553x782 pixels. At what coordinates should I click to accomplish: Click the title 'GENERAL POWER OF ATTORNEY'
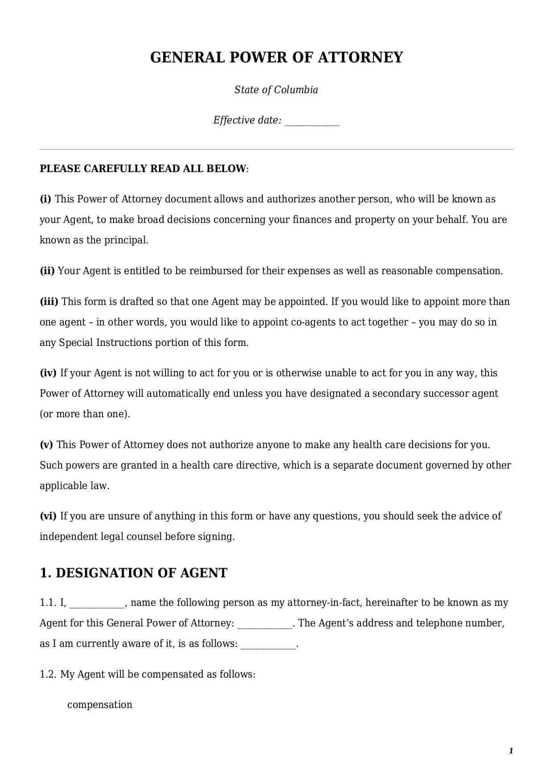click(276, 58)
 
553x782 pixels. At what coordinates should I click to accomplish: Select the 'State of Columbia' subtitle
click(276, 90)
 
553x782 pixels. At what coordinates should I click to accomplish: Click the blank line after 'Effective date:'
click(312, 121)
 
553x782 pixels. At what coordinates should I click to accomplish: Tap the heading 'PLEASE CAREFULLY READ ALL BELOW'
click(143, 169)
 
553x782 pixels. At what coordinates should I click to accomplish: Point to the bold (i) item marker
click(45, 199)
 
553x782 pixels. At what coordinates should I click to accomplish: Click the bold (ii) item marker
click(47, 271)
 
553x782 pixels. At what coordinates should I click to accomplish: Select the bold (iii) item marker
click(49, 302)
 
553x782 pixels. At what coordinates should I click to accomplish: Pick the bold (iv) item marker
click(48, 373)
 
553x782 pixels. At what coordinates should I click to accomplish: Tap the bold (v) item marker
click(46, 445)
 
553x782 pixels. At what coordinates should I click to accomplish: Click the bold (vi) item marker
click(48, 516)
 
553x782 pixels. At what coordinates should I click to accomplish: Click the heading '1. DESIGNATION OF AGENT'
click(134, 573)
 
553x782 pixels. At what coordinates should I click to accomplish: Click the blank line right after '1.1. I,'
click(97, 604)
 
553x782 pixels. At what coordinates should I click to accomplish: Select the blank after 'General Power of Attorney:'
click(265, 624)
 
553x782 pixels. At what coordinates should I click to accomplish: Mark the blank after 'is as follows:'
click(268, 645)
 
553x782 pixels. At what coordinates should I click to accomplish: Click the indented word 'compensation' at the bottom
click(100, 705)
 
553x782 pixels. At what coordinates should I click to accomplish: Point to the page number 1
click(511, 751)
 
